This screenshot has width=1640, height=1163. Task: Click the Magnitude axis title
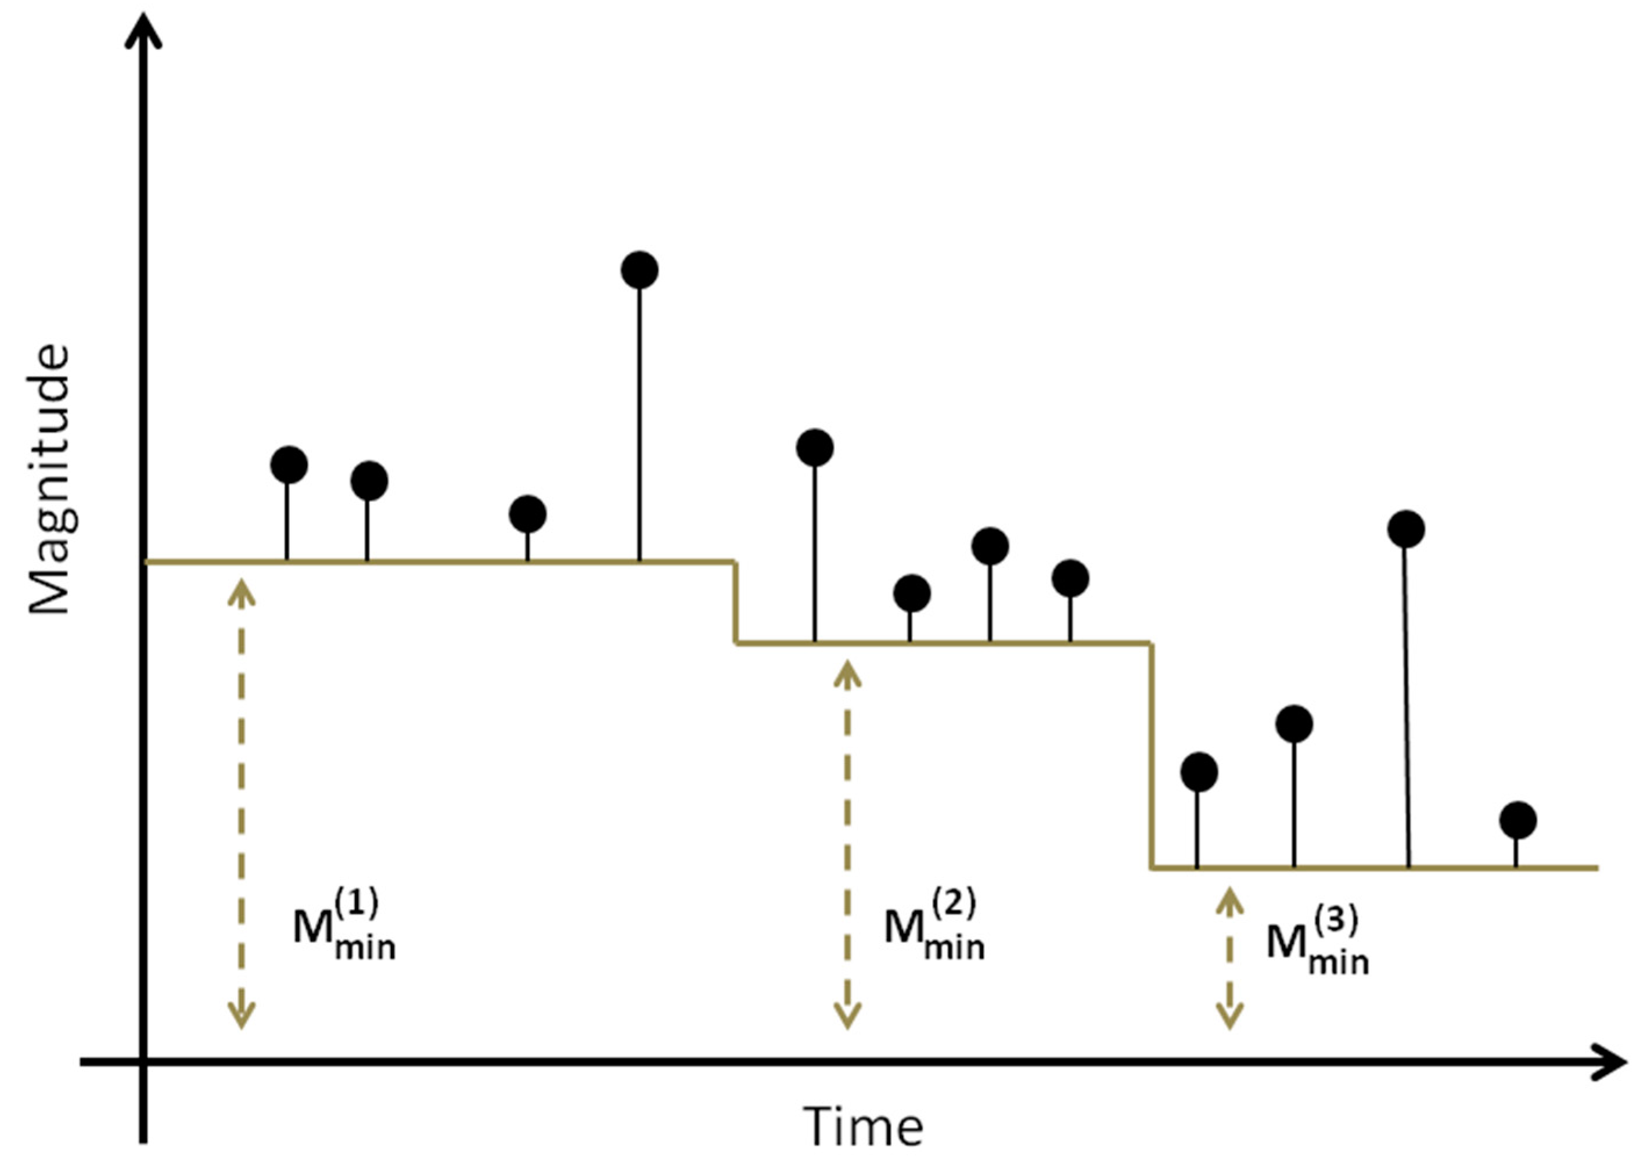(x=50, y=480)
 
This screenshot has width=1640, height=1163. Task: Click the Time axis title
(x=863, y=1126)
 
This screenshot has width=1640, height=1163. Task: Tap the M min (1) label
(x=344, y=926)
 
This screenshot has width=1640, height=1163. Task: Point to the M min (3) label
(x=1318, y=942)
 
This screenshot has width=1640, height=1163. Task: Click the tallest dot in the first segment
(x=639, y=270)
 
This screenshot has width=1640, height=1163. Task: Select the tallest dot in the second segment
(x=815, y=448)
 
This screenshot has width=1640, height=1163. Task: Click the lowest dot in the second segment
(x=912, y=593)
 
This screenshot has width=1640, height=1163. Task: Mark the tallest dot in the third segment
(x=1406, y=529)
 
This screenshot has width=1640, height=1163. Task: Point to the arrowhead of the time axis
(x=1612, y=1061)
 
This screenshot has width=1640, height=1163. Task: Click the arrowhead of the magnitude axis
(x=143, y=28)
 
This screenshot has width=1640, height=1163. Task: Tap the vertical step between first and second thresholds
(x=735, y=602)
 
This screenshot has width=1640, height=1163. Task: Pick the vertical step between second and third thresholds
(x=1151, y=755)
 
